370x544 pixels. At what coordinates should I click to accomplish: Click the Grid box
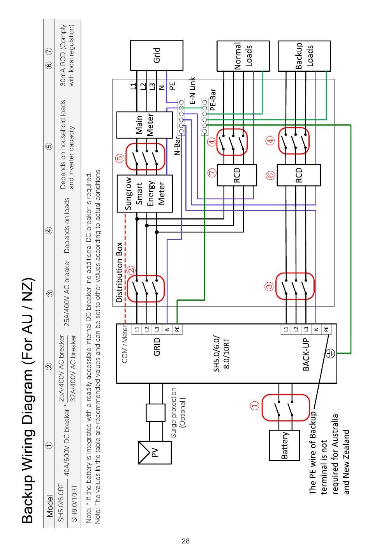pos(157,55)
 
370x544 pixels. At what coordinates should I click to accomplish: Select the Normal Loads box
pos(243,56)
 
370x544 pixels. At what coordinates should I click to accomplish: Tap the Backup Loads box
pos(304,56)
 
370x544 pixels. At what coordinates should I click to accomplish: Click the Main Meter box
pos(144,125)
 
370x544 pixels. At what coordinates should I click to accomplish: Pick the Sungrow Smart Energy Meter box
pos(145,193)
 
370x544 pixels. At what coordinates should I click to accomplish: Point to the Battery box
pos(285,445)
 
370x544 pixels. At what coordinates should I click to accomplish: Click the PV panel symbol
pos(155,452)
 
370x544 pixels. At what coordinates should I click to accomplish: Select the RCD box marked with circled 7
pos(237,175)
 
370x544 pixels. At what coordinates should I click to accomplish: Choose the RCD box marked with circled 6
pos(299,175)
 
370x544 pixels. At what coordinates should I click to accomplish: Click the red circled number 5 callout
pos(120,158)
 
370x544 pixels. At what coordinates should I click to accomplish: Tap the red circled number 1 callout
pos(255,405)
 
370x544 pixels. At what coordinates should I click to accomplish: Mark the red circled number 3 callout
pos(269,286)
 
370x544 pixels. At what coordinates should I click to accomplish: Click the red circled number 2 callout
pos(131,270)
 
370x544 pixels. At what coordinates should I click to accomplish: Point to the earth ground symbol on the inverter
pos(330,353)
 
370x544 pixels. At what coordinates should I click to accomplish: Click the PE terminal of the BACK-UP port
pos(326,329)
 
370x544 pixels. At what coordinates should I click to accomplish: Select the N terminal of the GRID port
pos(167,329)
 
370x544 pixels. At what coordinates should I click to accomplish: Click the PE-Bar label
pos(213,99)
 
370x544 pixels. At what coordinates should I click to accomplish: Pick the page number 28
pos(186,541)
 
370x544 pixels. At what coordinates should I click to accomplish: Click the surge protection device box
pos(156,413)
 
